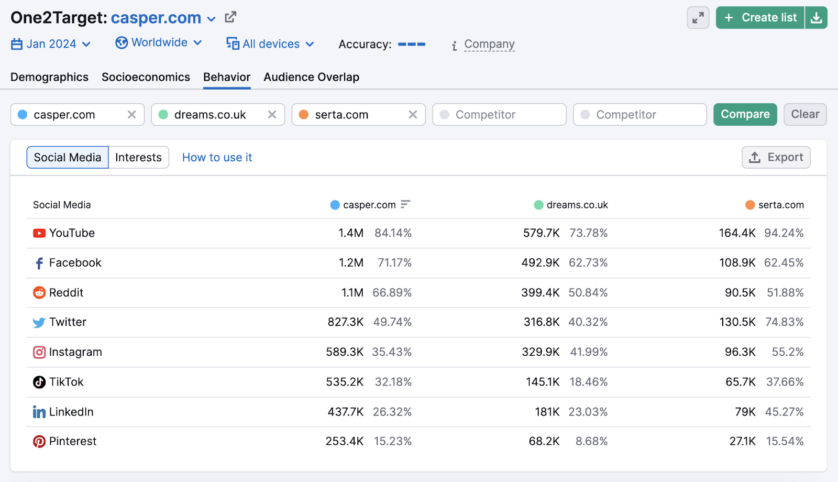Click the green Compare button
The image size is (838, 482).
[x=745, y=114]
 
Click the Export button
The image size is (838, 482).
[x=776, y=157]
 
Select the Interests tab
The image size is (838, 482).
[x=138, y=157]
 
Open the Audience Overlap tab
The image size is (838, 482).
[x=311, y=77]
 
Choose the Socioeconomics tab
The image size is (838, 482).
[x=146, y=77]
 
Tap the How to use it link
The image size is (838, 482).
[x=217, y=157]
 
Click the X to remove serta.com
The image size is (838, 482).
[x=413, y=114]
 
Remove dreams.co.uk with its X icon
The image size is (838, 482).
[x=272, y=114]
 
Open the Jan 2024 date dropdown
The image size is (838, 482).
[x=51, y=44]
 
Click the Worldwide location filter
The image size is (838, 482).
[x=158, y=42]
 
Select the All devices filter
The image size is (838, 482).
[x=270, y=44]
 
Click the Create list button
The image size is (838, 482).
[x=760, y=18]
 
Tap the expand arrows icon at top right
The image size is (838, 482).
[x=698, y=18]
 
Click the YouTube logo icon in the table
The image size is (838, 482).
[x=39, y=233]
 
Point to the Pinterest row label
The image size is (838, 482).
[x=72, y=441]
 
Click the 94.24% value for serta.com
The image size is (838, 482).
[x=784, y=233]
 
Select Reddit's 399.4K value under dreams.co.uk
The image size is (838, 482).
[x=540, y=292]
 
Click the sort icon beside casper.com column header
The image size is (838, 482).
[x=405, y=204]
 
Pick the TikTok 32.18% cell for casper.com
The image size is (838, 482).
[x=393, y=382]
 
